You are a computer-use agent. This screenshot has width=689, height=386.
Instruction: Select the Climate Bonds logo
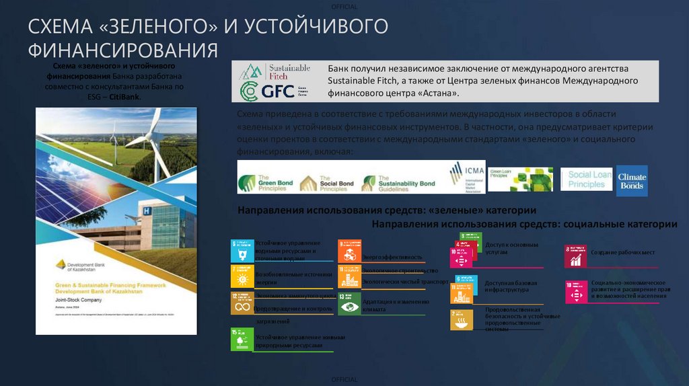pyautogui.click(x=632, y=181)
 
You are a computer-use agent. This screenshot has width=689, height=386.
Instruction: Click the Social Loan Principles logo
pyautogui.click(x=586, y=180)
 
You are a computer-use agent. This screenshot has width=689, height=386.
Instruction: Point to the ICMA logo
pyautogui.click(x=466, y=177)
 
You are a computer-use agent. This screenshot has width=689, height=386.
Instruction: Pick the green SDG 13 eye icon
pyautogui.click(x=349, y=303)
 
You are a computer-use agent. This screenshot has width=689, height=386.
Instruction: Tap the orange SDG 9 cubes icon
pyautogui.click(x=349, y=251)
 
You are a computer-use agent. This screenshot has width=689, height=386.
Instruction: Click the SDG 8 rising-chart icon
pyautogui.click(x=575, y=256)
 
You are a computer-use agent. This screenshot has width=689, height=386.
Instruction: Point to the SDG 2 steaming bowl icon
pyautogui.click(x=461, y=320)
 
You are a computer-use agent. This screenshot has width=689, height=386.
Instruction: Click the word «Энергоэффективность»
pyautogui.click(x=392, y=257)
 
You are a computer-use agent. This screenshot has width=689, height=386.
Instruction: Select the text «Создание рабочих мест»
pyautogui.click(x=622, y=252)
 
